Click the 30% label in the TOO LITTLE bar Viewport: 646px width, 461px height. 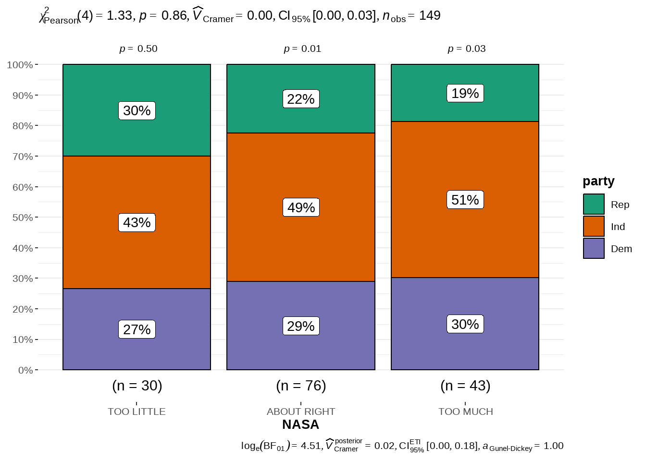[137, 110]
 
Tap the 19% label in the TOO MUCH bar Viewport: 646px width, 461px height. [465, 93]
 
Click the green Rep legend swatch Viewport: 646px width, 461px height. [594, 204]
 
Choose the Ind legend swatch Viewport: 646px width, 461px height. [594, 226]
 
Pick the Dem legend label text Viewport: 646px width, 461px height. [621, 249]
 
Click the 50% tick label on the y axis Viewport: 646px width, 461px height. [23, 218]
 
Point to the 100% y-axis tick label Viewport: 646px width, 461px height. [20, 65]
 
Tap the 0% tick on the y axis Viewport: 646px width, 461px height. [25, 370]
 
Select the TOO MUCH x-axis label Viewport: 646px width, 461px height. [465, 412]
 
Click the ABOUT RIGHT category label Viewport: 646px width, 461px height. [301, 412]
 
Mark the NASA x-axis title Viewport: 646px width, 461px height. [300, 425]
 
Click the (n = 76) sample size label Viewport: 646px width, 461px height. [301, 386]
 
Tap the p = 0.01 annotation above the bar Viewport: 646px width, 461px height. [302, 49]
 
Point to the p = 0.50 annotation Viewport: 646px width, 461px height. [138, 49]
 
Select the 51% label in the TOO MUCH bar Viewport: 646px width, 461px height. [465, 200]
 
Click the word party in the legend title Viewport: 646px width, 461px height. [598, 181]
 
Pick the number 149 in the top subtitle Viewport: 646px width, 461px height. [430, 15]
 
